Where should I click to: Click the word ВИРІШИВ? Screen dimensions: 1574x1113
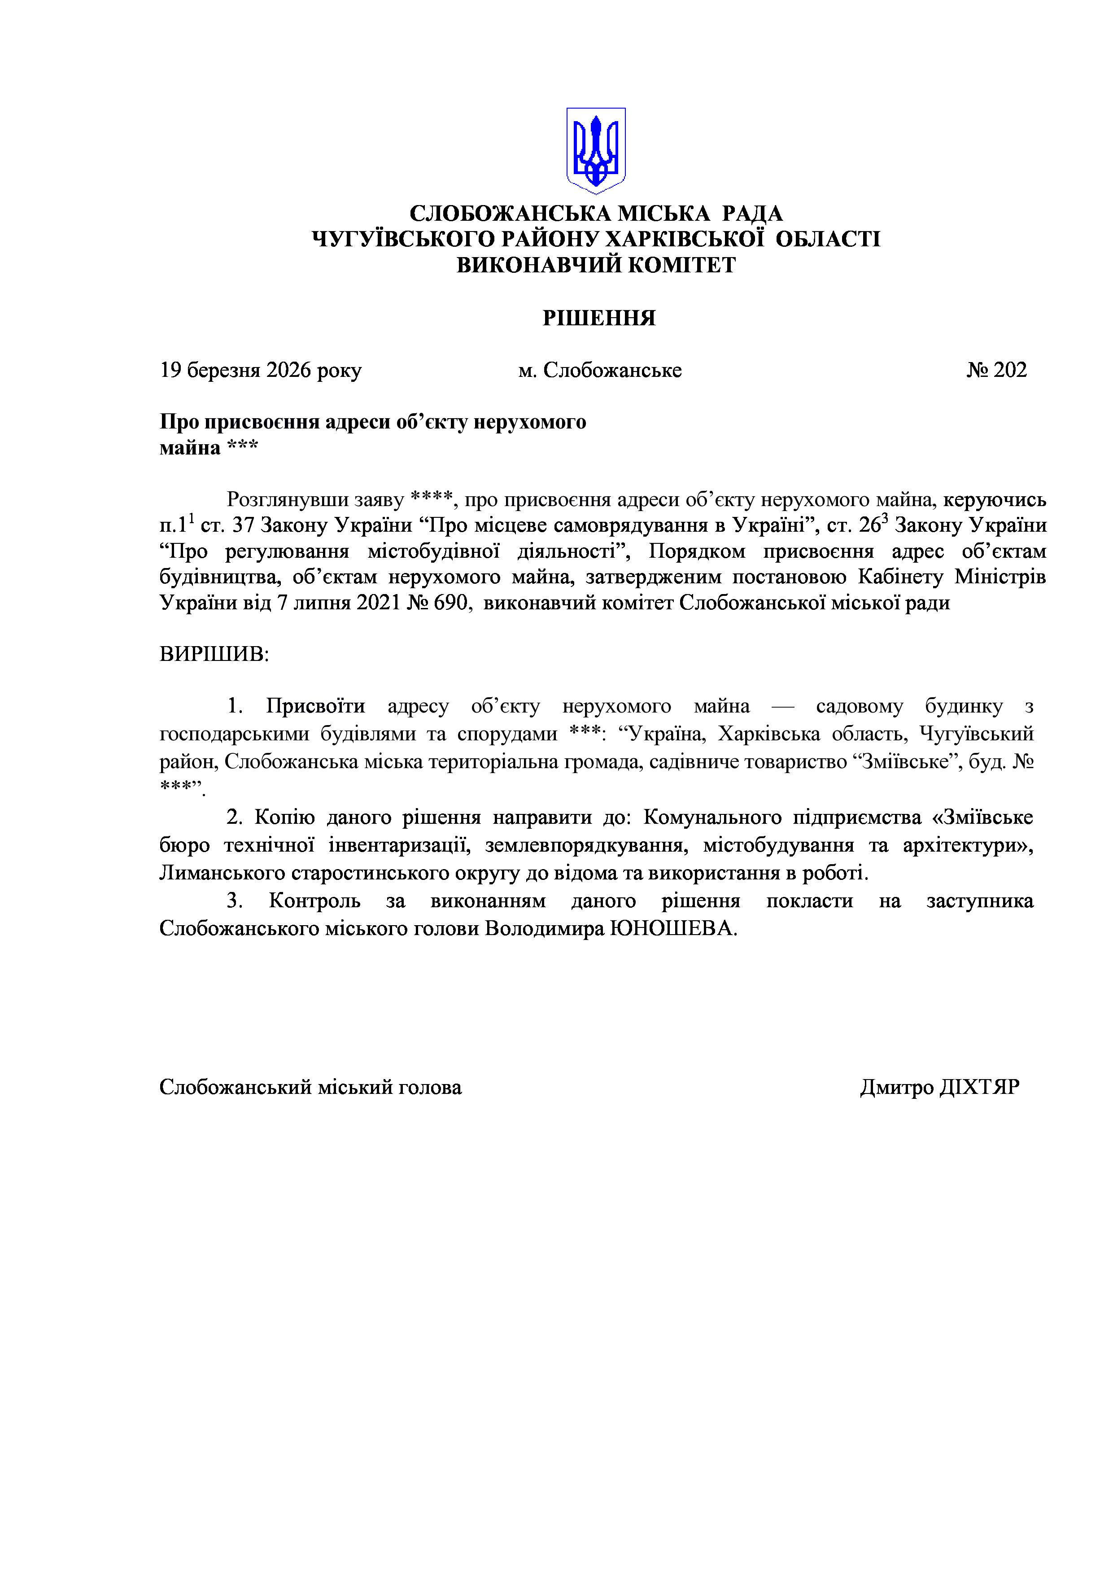(214, 654)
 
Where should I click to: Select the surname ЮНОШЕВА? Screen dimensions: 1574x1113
(673, 928)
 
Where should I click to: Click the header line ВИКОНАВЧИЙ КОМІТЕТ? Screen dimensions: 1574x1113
(596, 265)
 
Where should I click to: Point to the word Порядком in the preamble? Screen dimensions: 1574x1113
(696, 551)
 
